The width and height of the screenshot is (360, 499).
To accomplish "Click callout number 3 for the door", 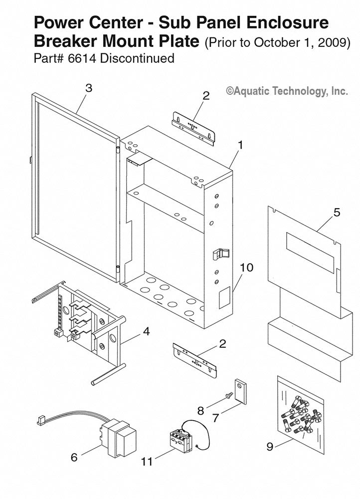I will [89, 88].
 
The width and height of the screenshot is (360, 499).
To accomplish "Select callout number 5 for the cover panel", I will [337, 212].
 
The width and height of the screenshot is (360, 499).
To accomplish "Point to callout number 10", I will [246, 267].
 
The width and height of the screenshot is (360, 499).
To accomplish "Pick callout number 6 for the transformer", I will [74, 457].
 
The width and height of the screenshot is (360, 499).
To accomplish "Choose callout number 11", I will [147, 462].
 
